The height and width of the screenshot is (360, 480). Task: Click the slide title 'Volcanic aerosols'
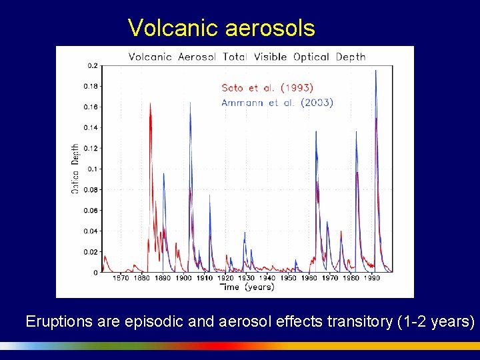click(x=221, y=27)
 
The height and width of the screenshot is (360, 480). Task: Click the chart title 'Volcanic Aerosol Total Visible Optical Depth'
click(x=247, y=57)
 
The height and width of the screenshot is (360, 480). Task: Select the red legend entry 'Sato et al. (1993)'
click(x=267, y=87)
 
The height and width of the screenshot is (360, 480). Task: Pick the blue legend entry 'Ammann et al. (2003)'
click(x=277, y=103)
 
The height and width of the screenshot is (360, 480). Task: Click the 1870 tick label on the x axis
click(x=121, y=278)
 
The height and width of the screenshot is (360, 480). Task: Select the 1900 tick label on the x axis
click(x=183, y=278)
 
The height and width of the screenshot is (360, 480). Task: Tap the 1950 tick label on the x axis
click(x=288, y=278)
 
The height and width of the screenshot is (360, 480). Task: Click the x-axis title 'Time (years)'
click(x=246, y=287)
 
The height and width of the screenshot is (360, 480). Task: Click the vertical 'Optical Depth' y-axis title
click(x=75, y=169)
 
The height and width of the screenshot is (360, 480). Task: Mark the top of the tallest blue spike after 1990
click(x=376, y=70)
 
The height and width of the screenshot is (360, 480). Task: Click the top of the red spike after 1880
click(x=150, y=103)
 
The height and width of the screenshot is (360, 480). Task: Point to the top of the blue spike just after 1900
click(x=191, y=103)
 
